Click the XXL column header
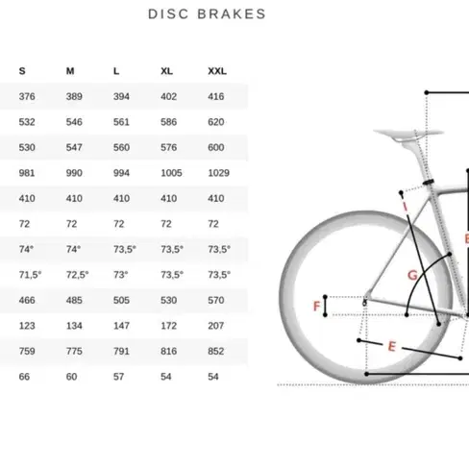click(217, 71)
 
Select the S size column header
click(22, 71)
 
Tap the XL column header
click(166, 71)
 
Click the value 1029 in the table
click(219, 173)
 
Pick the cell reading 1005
click(171, 173)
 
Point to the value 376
click(27, 96)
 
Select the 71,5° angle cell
click(30, 275)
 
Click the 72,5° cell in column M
click(77, 275)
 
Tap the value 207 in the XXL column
click(216, 326)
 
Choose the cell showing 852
click(216, 351)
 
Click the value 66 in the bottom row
click(24, 377)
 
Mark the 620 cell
click(216, 122)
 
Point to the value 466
click(27, 300)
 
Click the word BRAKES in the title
click(232, 14)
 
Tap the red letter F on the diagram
click(316, 307)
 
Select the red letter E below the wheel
click(392, 346)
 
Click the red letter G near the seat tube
click(412, 275)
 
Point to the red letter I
click(406, 207)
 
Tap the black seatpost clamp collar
click(428, 183)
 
